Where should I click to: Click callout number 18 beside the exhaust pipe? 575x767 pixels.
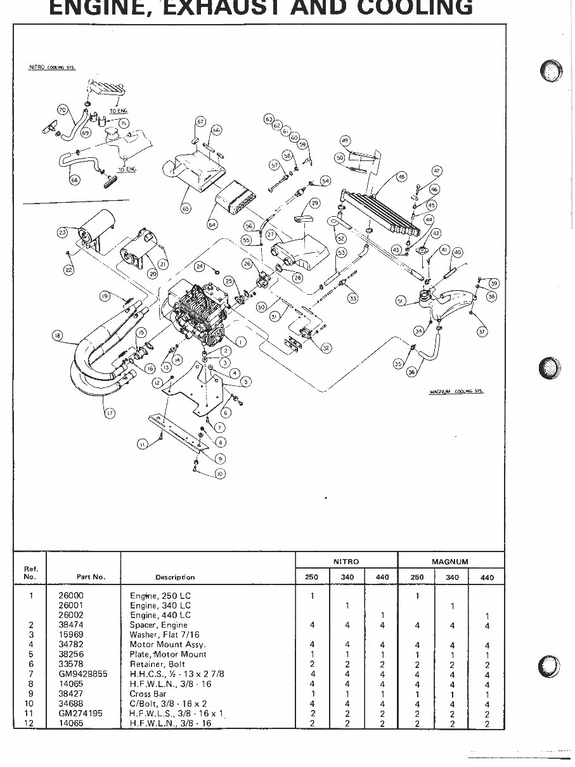58,337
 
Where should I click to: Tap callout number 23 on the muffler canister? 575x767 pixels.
62,233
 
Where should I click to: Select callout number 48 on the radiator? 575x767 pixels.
401,177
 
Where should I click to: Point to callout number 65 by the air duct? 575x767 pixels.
186,207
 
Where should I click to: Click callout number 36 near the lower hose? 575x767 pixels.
412,372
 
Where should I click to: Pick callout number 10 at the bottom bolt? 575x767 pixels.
220,474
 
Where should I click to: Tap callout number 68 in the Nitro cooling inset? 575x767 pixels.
75,181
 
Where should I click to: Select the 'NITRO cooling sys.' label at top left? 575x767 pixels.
53,67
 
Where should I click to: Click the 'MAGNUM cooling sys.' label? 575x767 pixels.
456,393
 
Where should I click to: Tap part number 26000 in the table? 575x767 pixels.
70,596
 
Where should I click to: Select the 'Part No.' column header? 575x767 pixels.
91,577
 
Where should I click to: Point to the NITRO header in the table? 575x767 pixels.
346,562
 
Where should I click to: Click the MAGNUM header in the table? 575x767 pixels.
450,562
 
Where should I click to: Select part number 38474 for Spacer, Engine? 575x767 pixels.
70,625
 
